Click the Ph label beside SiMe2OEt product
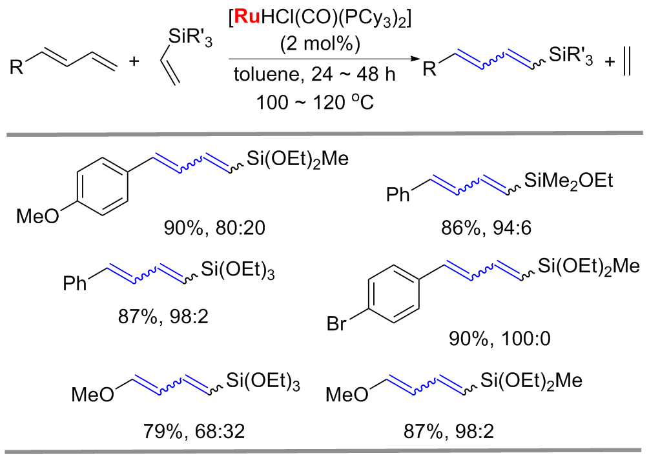click(398, 194)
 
